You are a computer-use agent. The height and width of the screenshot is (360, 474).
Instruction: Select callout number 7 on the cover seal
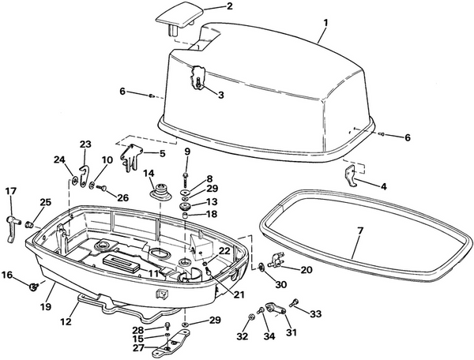[x=220, y=95]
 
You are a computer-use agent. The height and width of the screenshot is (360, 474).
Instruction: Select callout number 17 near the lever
[x=10, y=190]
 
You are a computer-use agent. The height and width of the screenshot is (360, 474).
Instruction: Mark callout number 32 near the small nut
[x=242, y=337]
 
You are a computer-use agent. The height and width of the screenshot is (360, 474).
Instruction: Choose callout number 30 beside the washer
[x=280, y=284]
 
